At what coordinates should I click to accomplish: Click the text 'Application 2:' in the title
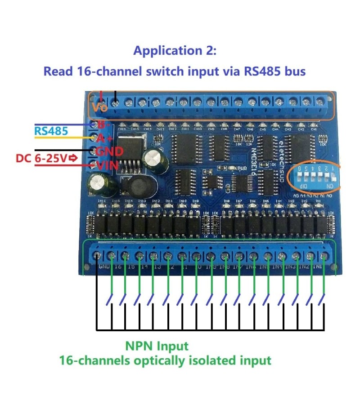pos(175,51)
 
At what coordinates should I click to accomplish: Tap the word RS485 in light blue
pos(51,131)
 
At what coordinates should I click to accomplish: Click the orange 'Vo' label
pos(99,108)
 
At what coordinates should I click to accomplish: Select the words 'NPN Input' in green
pos(157,346)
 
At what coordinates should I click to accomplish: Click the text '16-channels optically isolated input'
pos(165,360)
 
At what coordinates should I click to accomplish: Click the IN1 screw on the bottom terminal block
pos(324,256)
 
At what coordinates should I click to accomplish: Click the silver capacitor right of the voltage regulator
pos(151,158)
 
